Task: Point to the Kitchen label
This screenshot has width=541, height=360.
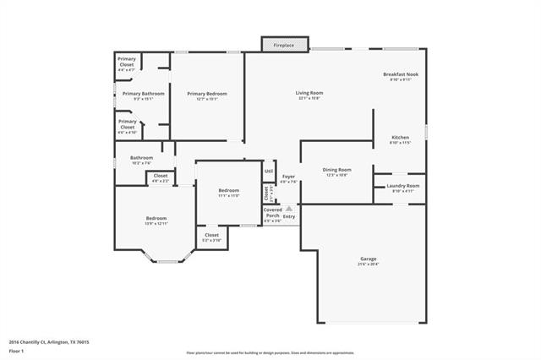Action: [400, 139]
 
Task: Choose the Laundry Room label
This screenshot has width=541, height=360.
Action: [402, 188]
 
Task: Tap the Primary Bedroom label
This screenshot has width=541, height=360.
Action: [207, 95]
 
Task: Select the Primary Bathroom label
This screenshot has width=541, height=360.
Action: [143, 95]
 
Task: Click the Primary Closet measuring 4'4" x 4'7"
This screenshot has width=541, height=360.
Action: [127, 61]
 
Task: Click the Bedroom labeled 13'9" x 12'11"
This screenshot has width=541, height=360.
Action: [156, 220]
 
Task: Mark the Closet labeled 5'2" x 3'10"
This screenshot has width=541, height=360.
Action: [211, 237]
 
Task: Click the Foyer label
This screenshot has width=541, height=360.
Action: [288, 178]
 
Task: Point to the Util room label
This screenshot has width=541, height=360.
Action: [269, 171]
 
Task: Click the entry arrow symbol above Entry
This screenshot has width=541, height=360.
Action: [288, 208]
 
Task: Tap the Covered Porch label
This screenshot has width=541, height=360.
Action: [272, 215]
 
